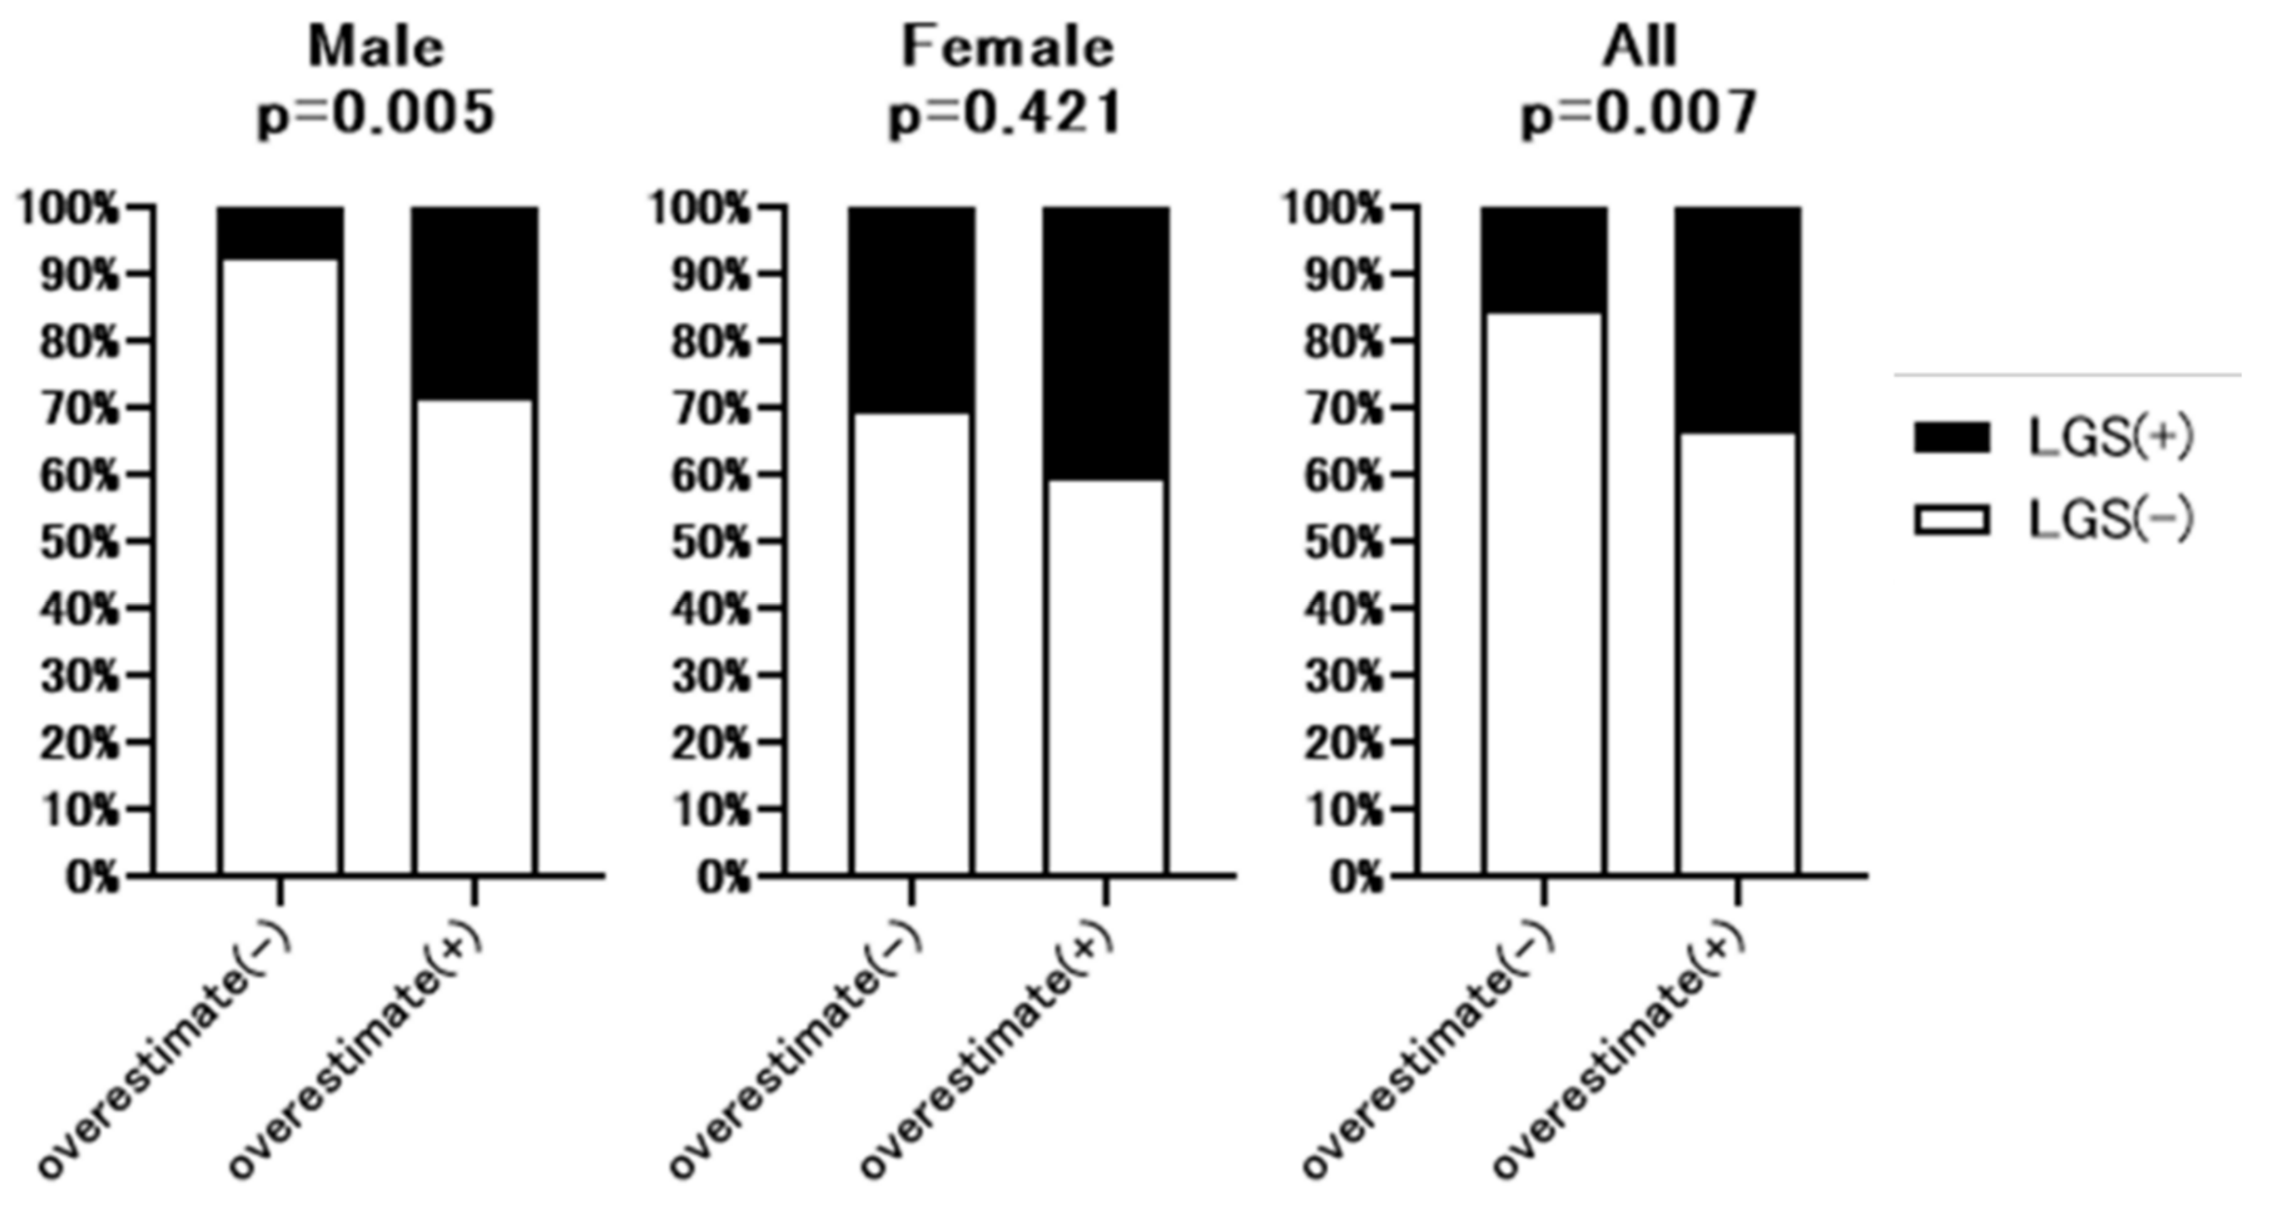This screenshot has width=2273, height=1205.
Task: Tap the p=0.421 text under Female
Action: [1005, 115]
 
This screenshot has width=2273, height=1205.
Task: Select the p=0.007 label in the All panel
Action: [1639, 115]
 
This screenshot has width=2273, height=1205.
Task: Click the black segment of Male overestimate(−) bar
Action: [281, 232]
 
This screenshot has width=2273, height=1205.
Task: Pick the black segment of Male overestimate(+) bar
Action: [475, 302]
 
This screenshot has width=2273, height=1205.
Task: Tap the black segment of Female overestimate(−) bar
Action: [912, 309]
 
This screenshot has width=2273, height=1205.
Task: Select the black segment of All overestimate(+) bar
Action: [1738, 319]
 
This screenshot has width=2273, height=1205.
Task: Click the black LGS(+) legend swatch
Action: [1951, 438]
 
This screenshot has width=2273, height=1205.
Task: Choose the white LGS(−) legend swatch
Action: [1951, 520]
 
